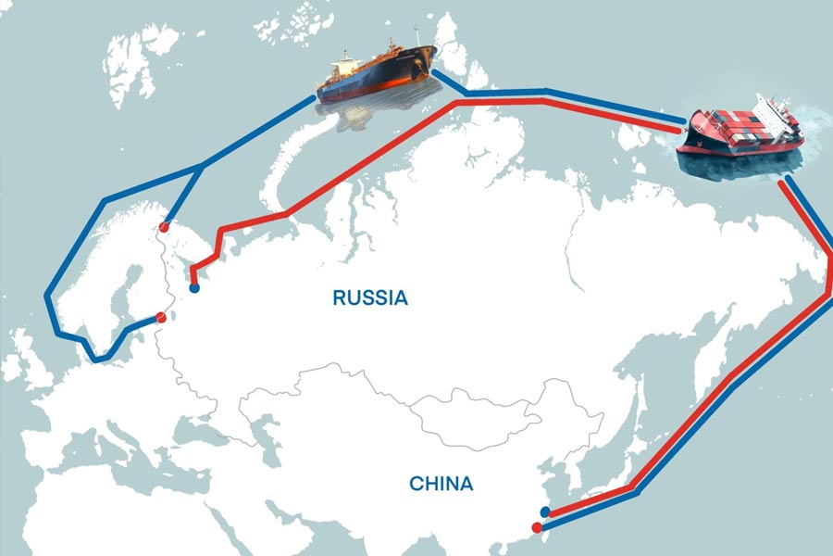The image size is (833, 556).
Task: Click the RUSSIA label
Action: [x=370, y=298]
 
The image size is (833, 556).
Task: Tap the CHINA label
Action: [x=441, y=483]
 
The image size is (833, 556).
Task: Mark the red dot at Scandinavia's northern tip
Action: [x=164, y=226]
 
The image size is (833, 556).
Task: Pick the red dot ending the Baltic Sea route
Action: [x=161, y=318]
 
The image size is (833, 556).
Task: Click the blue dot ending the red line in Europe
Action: [x=194, y=288]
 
